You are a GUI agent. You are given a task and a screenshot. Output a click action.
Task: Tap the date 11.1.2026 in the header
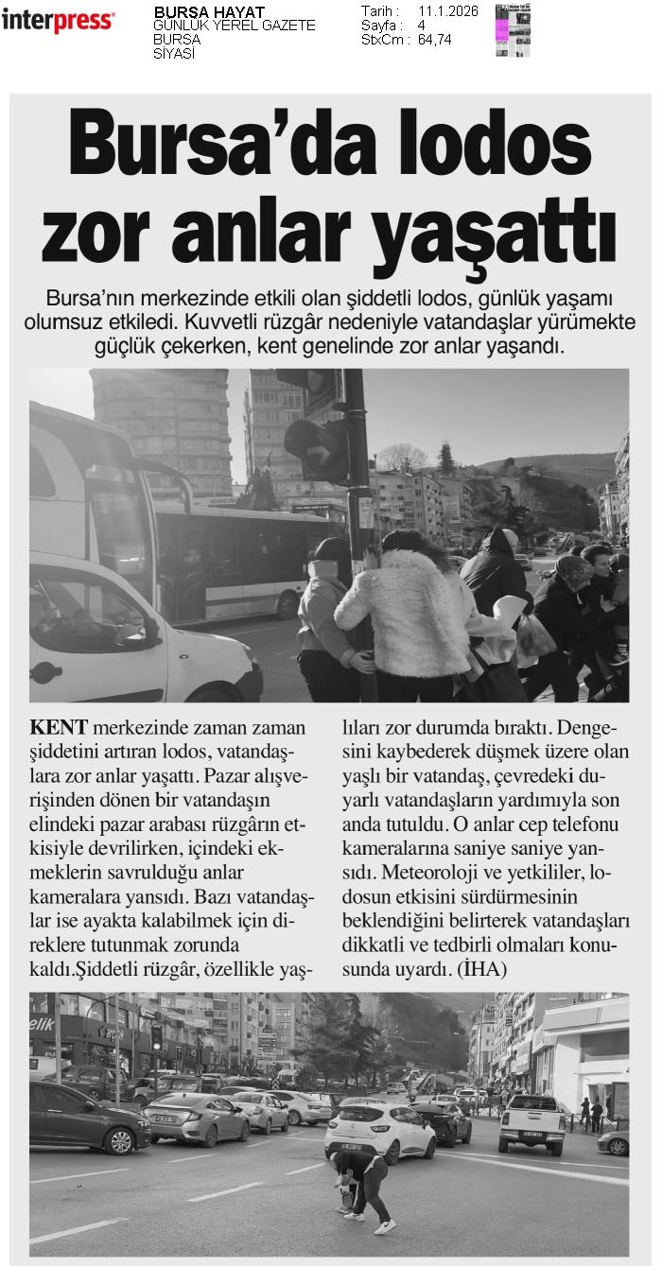[x=447, y=11]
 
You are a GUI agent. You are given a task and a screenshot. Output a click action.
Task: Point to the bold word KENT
[x=59, y=728]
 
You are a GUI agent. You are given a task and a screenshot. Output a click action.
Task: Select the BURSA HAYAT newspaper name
[x=209, y=11]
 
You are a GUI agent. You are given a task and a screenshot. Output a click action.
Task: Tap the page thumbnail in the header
[x=512, y=29]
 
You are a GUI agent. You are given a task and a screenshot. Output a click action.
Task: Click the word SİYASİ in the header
[x=174, y=54]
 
